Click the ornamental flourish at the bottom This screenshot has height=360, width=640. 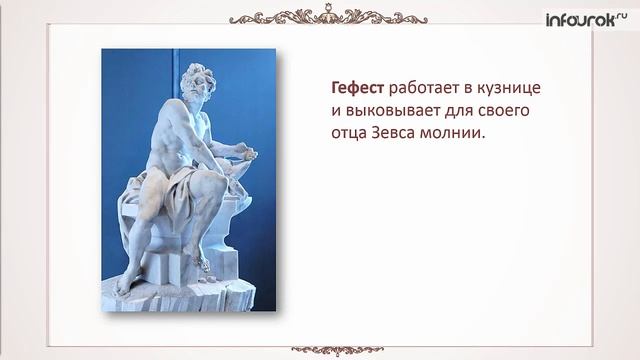pos(321,348)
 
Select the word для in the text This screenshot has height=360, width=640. pos(457,110)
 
